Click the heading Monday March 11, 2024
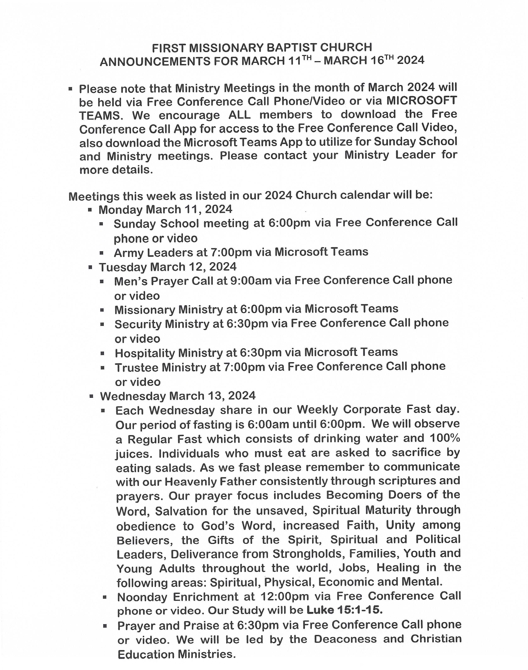pyautogui.click(x=165, y=209)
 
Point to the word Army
pyautogui.click(x=128, y=252)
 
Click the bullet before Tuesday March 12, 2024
pyautogui.click(x=90, y=267)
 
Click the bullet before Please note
pyautogui.click(x=71, y=89)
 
